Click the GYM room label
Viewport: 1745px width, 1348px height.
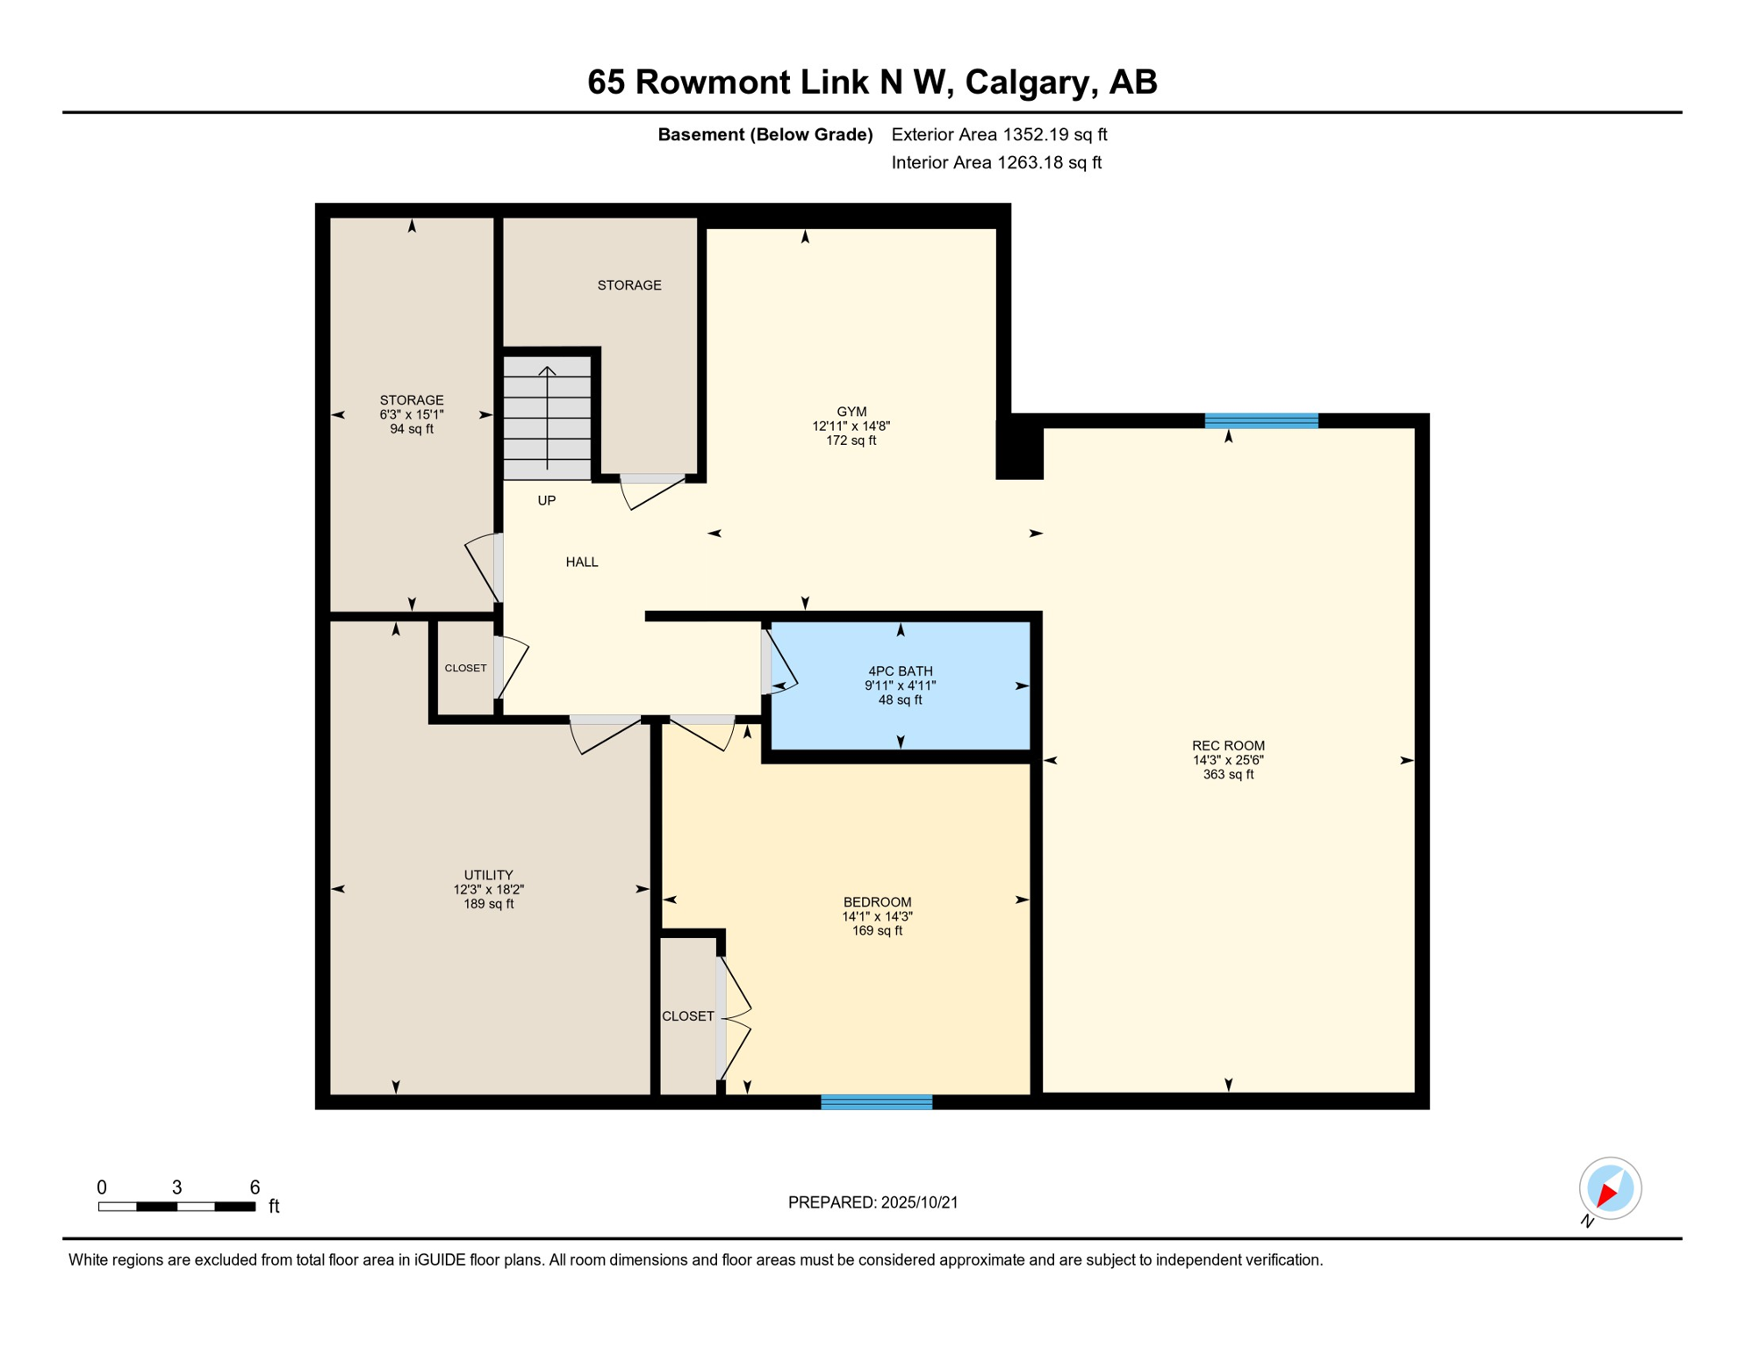[x=851, y=412]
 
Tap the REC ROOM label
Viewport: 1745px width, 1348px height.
[x=1228, y=746]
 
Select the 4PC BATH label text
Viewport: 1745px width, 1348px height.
[x=900, y=671]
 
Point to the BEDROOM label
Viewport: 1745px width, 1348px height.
[x=877, y=902]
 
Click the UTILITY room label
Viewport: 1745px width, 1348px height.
[x=488, y=875]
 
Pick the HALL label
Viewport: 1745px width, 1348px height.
[x=582, y=562]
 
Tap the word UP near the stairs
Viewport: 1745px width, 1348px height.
[x=546, y=500]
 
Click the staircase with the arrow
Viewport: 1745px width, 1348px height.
[x=547, y=418]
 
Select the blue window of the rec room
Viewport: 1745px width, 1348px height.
[x=1261, y=420]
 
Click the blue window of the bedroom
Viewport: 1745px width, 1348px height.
[x=876, y=1102]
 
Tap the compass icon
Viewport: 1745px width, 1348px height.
[x=1610, y=1188]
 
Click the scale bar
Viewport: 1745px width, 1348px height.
[x=176, y=1207]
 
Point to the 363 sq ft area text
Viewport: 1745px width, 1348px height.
[x=1228, y=775]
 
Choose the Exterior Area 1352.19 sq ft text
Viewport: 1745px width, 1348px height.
[x=999, y=134]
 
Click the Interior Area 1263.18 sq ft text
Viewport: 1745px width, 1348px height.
[x=996, y=162]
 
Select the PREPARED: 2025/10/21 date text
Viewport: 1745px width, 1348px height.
[x=872, y=1202]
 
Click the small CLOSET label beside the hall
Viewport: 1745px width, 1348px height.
[x=465, y=668]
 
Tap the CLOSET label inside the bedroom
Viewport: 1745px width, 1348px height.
[x=687, y=1016]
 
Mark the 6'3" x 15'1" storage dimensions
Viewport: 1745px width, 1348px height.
[x=412, y=414]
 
